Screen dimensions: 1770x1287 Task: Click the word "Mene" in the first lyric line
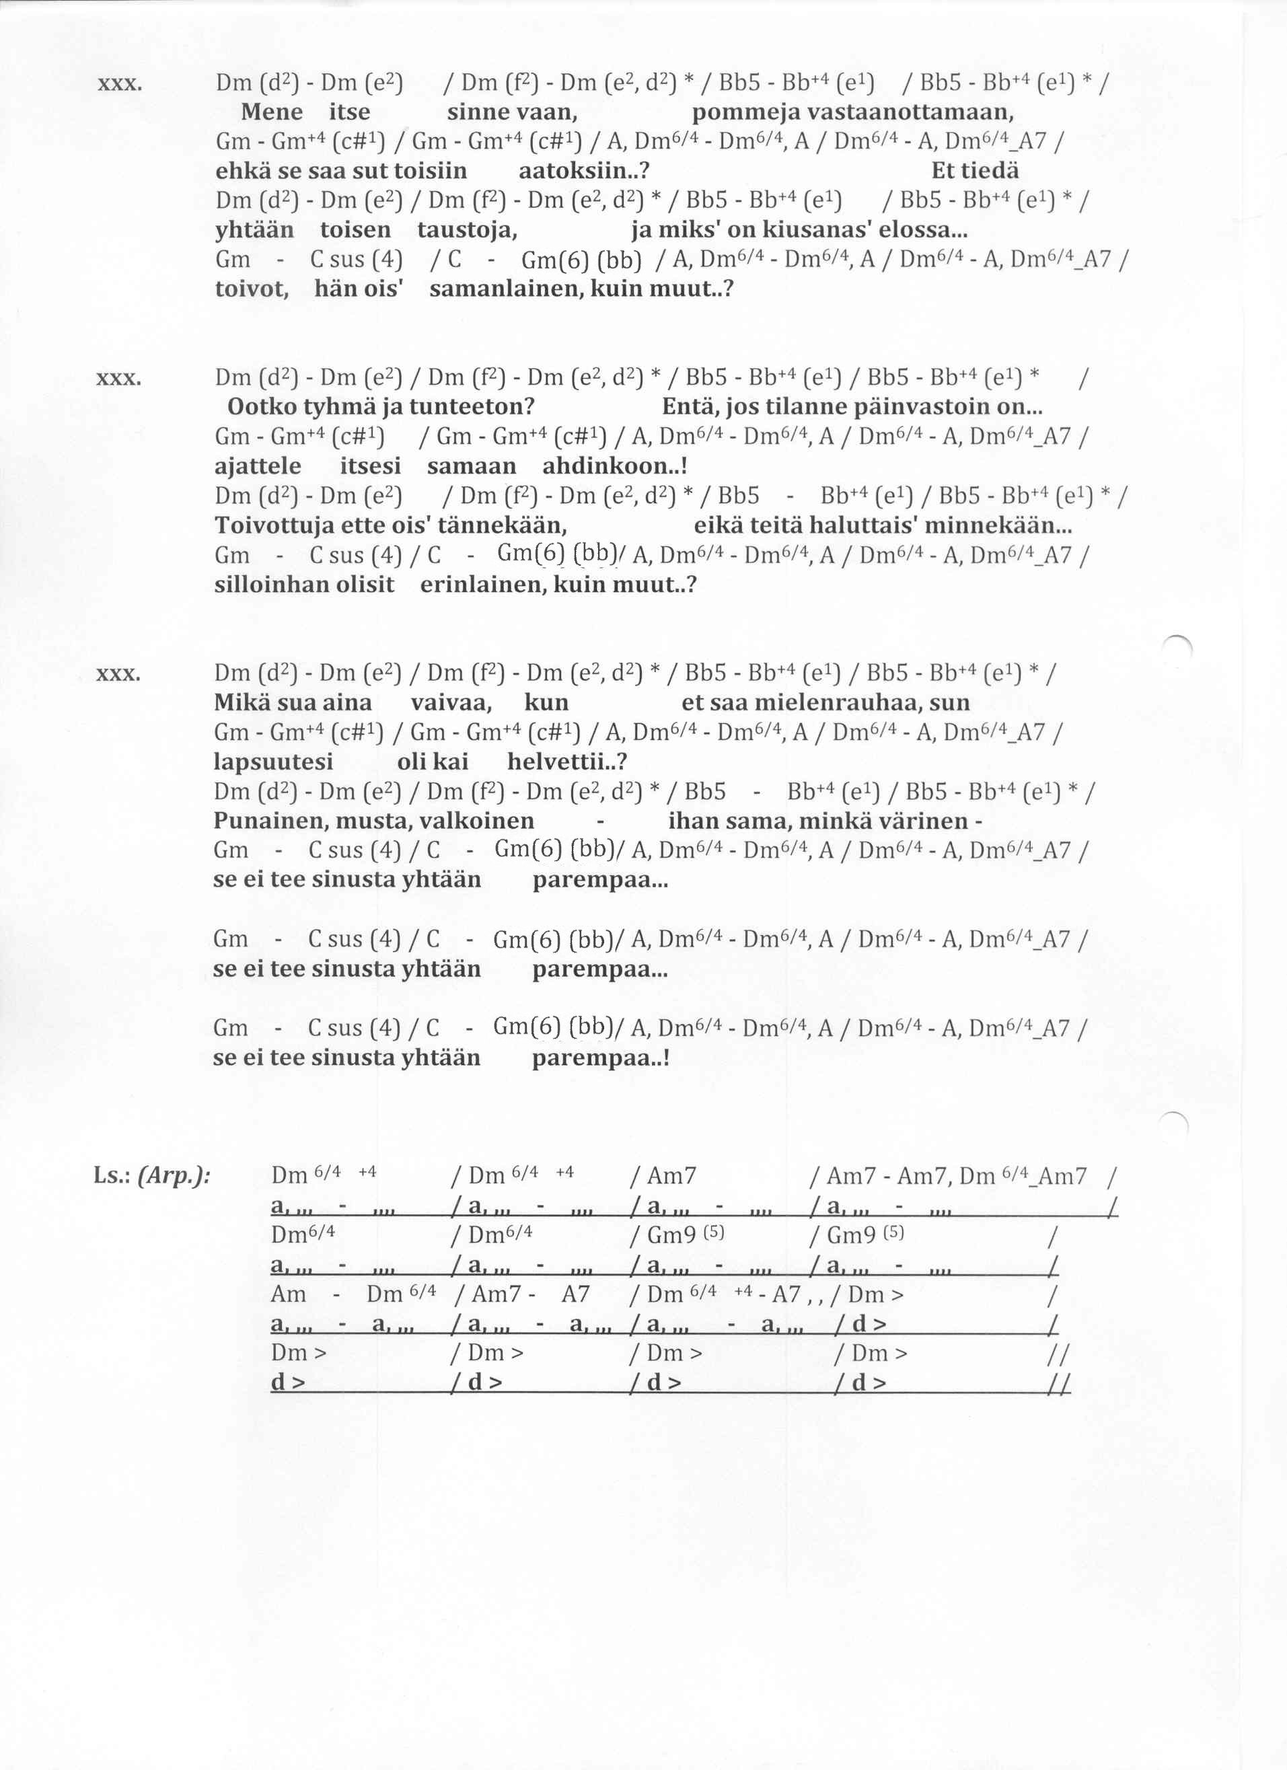pos(271,112)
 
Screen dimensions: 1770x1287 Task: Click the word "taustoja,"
pos(468,230)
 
